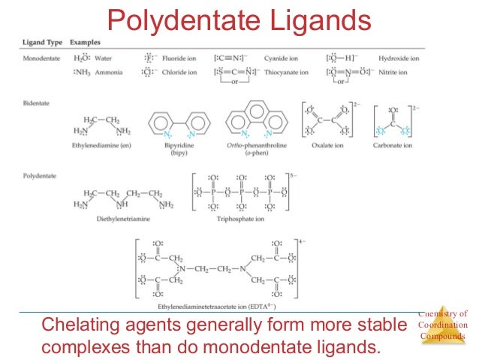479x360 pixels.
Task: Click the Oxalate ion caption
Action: (x=331, y=145)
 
